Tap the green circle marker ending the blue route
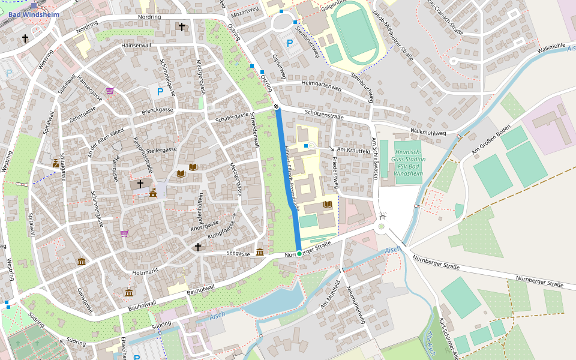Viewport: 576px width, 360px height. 299,254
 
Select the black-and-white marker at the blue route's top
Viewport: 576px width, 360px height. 277,107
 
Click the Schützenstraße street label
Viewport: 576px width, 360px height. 325,113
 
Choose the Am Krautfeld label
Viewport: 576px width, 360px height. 353,150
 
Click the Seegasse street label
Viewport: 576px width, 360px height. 238,254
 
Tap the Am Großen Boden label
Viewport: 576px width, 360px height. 491,140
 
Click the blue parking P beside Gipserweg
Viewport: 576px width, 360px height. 290,43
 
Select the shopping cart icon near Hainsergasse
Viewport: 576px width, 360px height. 110,91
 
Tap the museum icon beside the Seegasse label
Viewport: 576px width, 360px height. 260,252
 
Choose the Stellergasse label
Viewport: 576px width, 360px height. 161,149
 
